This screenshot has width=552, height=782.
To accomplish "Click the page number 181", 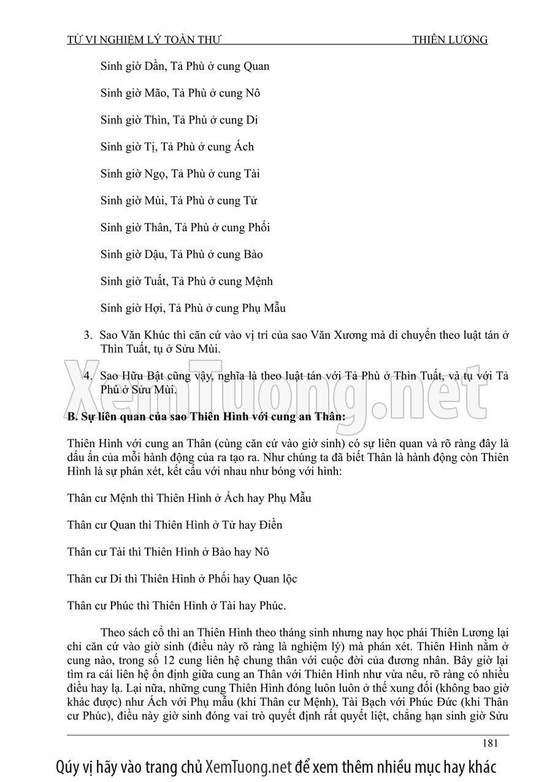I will pyautogui.click(x=489, y=743).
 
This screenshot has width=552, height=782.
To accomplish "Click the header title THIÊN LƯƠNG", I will pyautogui.click(x=450, y=40).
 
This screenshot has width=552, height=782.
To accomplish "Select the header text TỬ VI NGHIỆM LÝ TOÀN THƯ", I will pyautogui.click(x=144, y=40).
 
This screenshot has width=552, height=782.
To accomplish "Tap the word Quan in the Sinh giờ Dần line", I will pyautogui.click(x=256, y=66).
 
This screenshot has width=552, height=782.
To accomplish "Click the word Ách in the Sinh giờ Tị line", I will pyautogui.click(x=243, y=147).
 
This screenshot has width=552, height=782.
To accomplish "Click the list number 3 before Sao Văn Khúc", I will pyautogui.click(x=87, y=336).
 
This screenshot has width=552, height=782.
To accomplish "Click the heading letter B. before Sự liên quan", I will pyautogui.click(x=72, y=417).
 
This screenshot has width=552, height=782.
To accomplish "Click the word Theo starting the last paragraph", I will pyautogui.click(x=113, y=632).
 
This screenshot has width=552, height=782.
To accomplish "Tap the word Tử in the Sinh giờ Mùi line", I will pyautogui.click(x=250, y=201).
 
